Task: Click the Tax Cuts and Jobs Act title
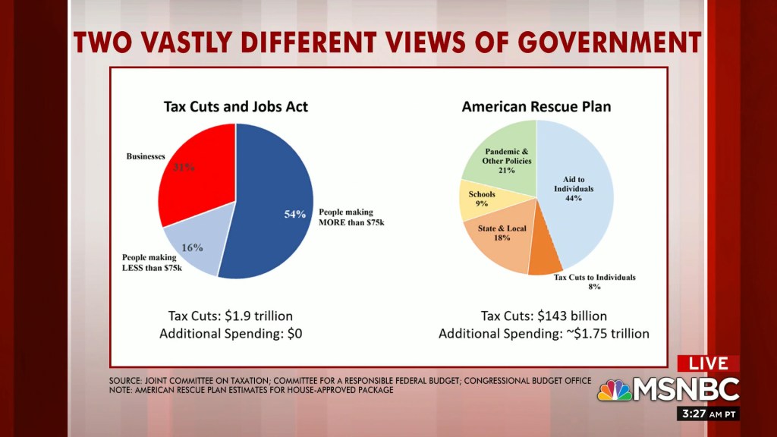pos(236,106)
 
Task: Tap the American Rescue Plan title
pos(536,106)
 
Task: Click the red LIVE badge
pos(708,364)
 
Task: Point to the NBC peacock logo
pos(614,390)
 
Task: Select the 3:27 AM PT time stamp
pos(705,414)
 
